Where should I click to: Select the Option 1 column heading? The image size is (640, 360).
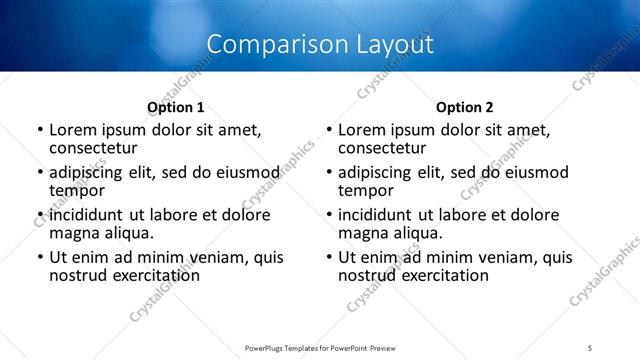click(x=176, y=107)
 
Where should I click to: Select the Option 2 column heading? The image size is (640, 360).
click(x=465, y=107)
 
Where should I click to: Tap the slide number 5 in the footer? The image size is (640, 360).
click(x=591, y=347)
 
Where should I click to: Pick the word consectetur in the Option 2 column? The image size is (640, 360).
click(x=381, y=148)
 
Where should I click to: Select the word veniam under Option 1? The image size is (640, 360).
click(x=204, y=257)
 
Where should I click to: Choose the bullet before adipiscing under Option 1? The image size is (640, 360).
click(x=40, y=173)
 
